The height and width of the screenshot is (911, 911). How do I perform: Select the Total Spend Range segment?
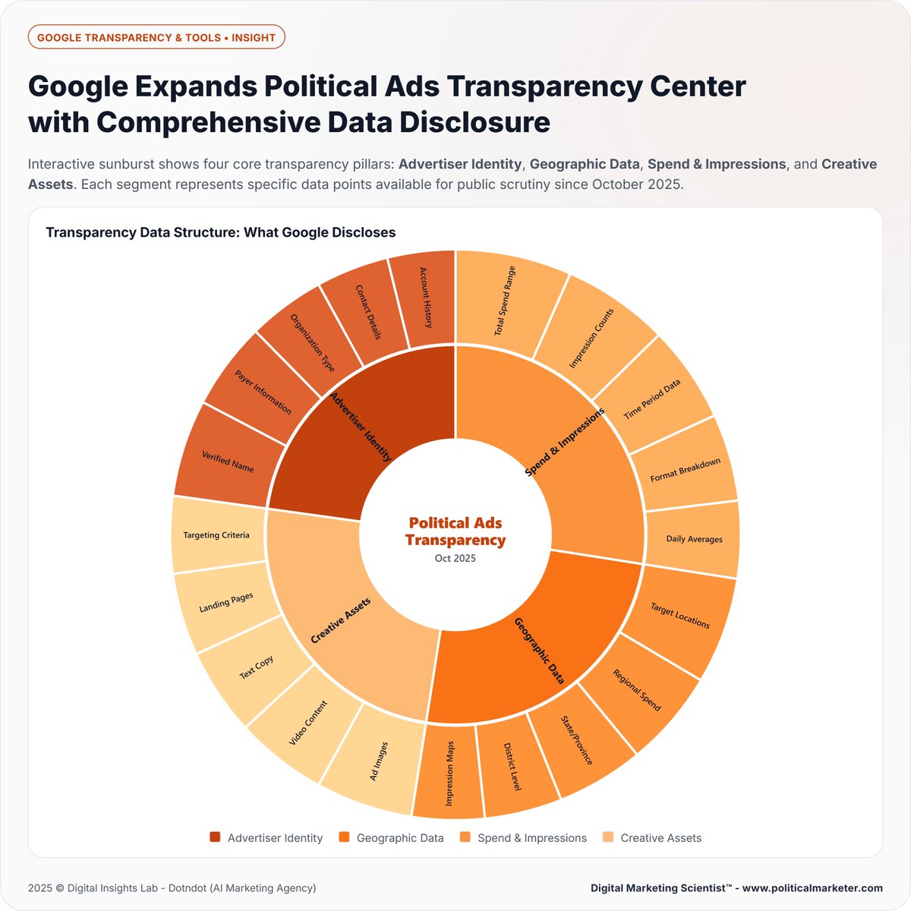[x=506, y=301]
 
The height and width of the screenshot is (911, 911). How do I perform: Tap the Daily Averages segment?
[x=693, y=539]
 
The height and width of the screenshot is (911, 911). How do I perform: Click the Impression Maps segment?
[x=449, y=773]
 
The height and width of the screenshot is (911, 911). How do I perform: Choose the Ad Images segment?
[x=378, y=761]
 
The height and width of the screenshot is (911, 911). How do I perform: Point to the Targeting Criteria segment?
[x=216, y=535]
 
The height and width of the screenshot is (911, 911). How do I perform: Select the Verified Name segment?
[x=227, y=461]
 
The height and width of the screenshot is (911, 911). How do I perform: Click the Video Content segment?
[x=308, y=723]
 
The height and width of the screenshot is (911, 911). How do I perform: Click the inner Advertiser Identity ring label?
[x=361, y=427]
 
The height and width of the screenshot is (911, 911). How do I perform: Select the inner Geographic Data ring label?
[x=540, y=651]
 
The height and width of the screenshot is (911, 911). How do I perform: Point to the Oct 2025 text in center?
[x=455, y=558]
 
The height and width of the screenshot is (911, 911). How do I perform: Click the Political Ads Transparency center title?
[x=455, y=531]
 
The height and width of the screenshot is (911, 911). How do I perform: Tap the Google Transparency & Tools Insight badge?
[x=156, y=37]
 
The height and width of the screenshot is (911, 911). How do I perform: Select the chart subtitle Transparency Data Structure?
[x=221, y=232]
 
